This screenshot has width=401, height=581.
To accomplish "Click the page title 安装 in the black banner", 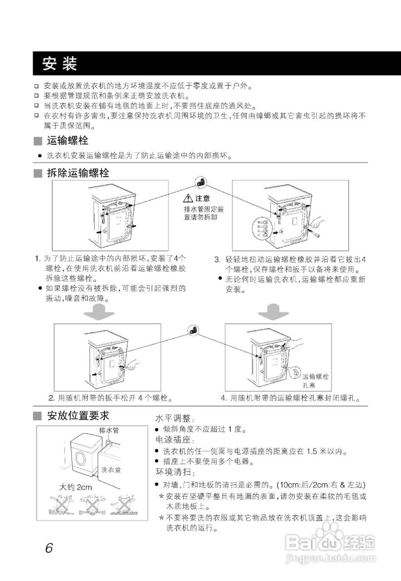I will tap(59, 64).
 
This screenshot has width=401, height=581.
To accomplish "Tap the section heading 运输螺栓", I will tap(68, 140).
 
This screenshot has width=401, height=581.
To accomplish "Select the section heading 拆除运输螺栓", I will tap(78, 173).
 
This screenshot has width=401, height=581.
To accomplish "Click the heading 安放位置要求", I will tap(78, 415).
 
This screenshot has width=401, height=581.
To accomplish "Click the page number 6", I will tap(49, 547).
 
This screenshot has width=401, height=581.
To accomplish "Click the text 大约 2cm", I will tap(76, 487).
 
